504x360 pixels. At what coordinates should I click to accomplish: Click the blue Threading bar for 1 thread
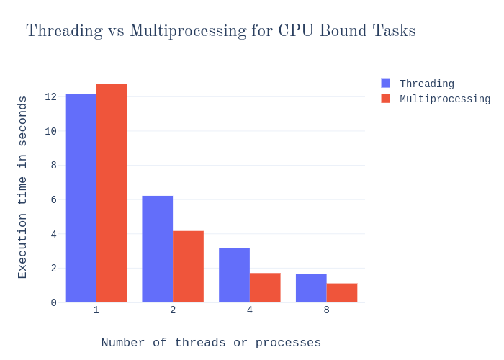coord(81,198)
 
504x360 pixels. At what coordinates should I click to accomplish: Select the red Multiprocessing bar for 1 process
coord(112,193)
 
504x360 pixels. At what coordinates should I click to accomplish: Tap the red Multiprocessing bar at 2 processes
coord(188,266)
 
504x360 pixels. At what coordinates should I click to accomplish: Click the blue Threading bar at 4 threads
coord(234,275)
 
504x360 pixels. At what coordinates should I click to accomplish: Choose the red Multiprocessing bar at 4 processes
coord(265,287)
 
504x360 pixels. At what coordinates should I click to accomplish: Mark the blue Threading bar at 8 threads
coord(311,288)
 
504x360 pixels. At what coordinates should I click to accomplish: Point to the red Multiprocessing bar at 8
coord(342,292)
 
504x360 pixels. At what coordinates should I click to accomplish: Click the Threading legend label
coord(427,84)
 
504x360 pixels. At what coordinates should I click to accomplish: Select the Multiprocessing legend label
coord(445,99)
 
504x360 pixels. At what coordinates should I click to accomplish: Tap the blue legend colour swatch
coord(385,84)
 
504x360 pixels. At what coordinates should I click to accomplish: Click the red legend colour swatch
coord(385,99)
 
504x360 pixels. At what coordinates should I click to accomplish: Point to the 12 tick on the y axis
coord(50,96)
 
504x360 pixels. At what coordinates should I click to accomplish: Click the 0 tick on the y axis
coord(53,302)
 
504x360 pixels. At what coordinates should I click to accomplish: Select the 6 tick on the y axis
coord(53,199)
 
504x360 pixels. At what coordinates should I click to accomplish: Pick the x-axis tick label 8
coord(326,310)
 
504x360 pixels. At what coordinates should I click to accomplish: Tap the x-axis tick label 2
coord(173,310)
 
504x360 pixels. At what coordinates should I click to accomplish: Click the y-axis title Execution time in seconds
coord(22,187)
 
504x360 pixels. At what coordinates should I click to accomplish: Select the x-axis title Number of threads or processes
coord(211,343)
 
